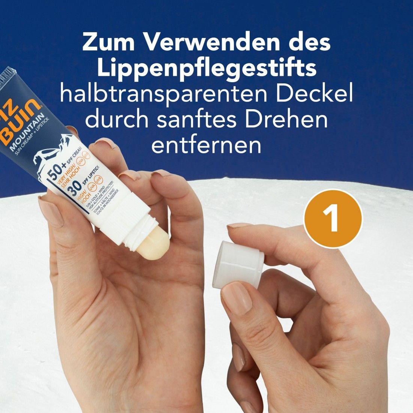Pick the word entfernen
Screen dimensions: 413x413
(206, 145)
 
